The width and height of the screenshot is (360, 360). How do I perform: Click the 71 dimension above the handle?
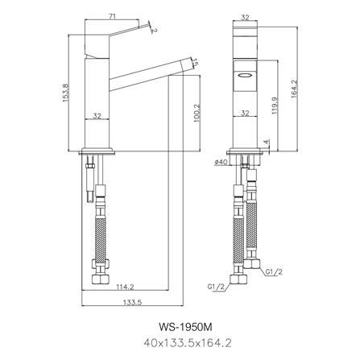click(112, 15)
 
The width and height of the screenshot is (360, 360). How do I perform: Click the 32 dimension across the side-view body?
click(97, 115)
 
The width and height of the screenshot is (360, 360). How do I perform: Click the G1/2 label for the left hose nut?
click(215, 286)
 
